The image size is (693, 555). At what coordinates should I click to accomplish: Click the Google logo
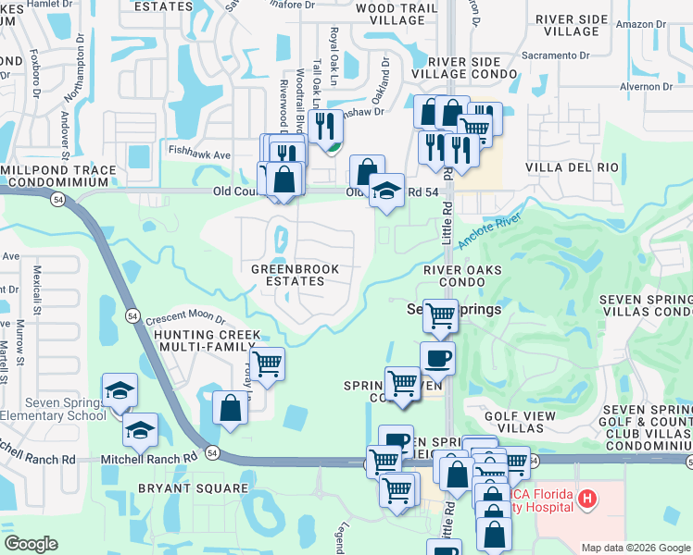31,544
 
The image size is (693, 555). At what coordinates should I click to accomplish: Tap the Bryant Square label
193,487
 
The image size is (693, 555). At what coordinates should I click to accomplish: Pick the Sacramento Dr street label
556,55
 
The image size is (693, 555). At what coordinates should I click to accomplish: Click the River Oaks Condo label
462,276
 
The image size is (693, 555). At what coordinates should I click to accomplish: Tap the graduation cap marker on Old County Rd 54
386,191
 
